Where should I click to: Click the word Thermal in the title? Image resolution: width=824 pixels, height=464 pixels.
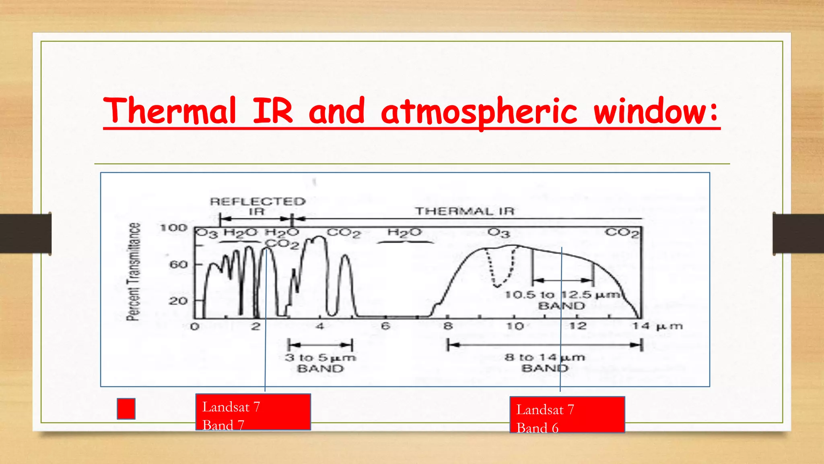(169, 111)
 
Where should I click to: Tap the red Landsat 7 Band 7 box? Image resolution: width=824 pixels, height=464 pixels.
(253, 412)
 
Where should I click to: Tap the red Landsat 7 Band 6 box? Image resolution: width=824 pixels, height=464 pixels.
(567, 415)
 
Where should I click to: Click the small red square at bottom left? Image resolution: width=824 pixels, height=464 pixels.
(126, 409)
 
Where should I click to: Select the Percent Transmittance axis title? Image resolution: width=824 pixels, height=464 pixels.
(134, 272)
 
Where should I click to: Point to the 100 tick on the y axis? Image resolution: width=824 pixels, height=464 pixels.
(174, 228)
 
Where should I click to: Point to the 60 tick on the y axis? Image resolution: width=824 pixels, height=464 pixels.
(178, 265)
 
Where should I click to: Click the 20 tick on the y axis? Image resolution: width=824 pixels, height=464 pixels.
(178, 301)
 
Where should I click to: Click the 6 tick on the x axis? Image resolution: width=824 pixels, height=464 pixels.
(385, 326)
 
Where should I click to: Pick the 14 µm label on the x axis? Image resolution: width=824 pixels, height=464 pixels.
(657, 326)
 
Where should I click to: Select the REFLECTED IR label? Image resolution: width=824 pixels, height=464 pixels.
(257, 206)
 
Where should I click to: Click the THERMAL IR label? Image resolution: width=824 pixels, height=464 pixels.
(465, 211)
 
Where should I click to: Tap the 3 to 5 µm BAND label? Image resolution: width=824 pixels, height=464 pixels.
(320, 362)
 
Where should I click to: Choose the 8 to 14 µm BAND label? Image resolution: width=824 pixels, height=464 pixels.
(545, 362)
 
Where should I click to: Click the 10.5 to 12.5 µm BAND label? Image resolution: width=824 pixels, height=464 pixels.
(562, 300)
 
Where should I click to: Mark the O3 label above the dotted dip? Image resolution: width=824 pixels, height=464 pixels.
(499, 233)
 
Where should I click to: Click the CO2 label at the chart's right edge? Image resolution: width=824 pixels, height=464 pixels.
(622, 233)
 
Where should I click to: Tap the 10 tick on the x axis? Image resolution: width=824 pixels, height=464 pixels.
(515, 326)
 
